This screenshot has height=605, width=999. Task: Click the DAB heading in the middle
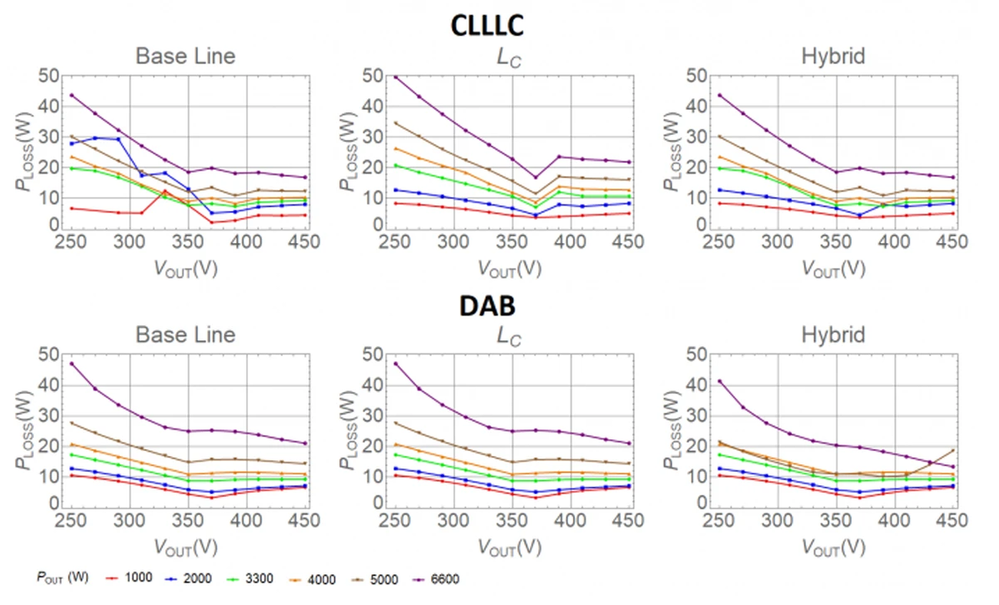click(x=486, y=306)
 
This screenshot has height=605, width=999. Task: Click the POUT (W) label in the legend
click(x=62, y=578)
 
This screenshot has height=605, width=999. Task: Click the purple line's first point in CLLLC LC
click(x=396, y=77)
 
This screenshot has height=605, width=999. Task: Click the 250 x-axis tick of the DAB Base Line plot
click(x=72, y=520)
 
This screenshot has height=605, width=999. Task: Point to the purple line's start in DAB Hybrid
click(x=719, y=381)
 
